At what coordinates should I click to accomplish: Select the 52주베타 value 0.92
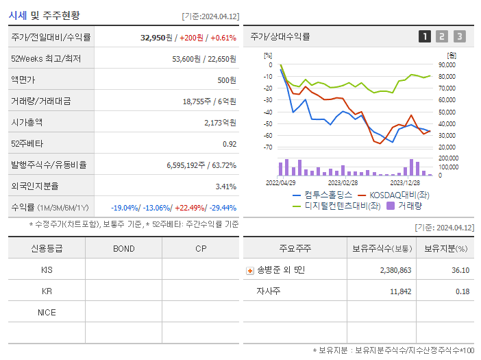pyautogui.click(x=230, y=144)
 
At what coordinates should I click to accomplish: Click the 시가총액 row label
pyautogui.click(x=27, y=123)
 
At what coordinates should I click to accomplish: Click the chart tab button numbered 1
pyautogui.click(x=425, y=36)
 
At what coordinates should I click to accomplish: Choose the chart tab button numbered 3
pyautogui.click(x=459, y=36)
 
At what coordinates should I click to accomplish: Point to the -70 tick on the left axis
pyautogui.click(x=268, y=147)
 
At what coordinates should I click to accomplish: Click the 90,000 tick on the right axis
pyautogui.click(x=447, y=65)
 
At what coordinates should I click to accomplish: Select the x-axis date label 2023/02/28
pyautogui.click(x=343, y=182)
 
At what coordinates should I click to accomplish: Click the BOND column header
pyautogui.click(x=123, y=248)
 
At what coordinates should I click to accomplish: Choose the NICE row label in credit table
pyautogui.click(x=47, y=312)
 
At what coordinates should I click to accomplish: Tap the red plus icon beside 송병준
pyautogui.click(x=249, y=271)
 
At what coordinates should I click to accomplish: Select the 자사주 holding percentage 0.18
pyautogui.click(x=461, y=291)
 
